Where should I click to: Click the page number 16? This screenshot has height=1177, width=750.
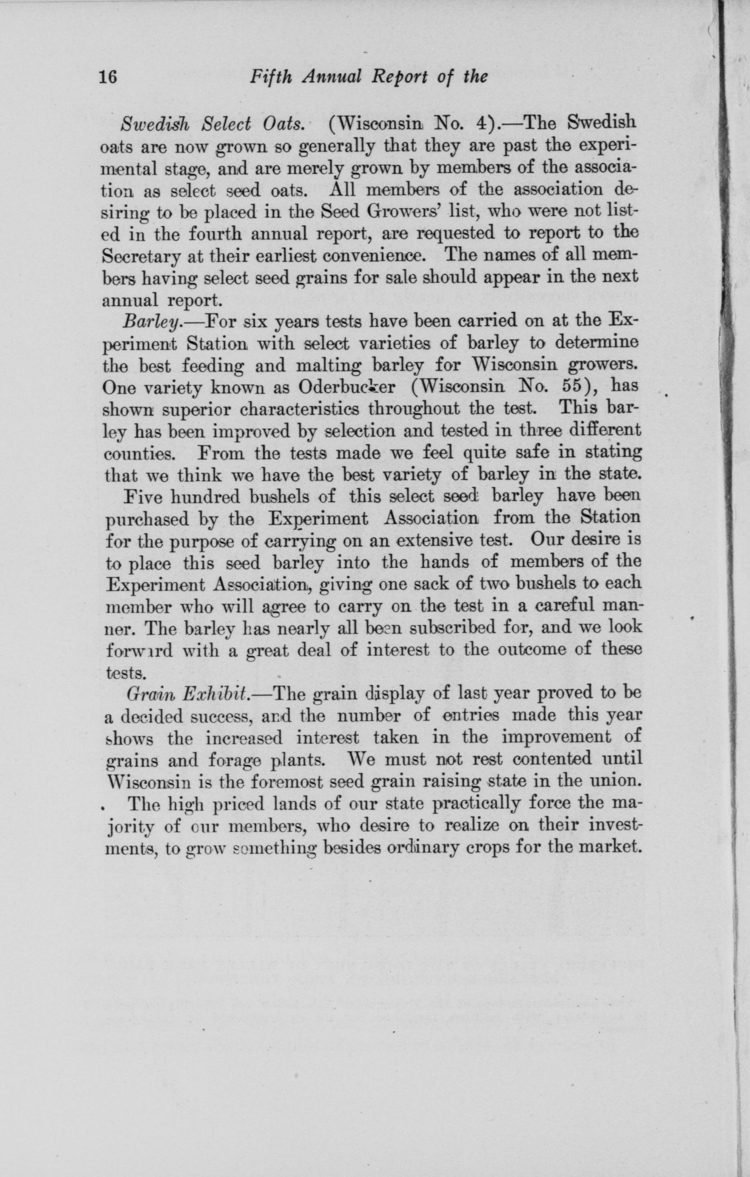coord(108,77)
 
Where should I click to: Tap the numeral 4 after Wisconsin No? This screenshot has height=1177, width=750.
coord(481,123)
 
